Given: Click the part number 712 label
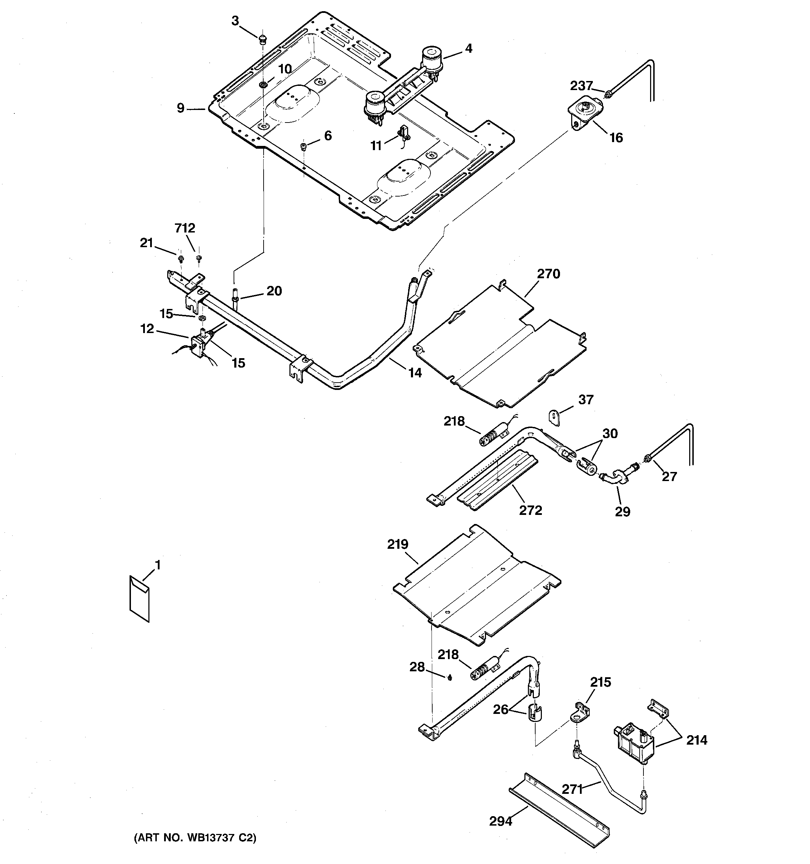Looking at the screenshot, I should [x=185, y=228].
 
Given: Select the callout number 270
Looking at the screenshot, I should [x=548, y=274].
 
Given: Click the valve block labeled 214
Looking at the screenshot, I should [x=635, y=747].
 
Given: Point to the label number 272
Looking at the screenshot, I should [x=530, y=510].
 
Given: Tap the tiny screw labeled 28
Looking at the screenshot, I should [x=450, y=677].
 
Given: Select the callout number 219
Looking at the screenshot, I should [x=398, y=544].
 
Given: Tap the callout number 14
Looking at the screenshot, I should [x=415, y=372].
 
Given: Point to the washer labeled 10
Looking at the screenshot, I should [x=262, y=84].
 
